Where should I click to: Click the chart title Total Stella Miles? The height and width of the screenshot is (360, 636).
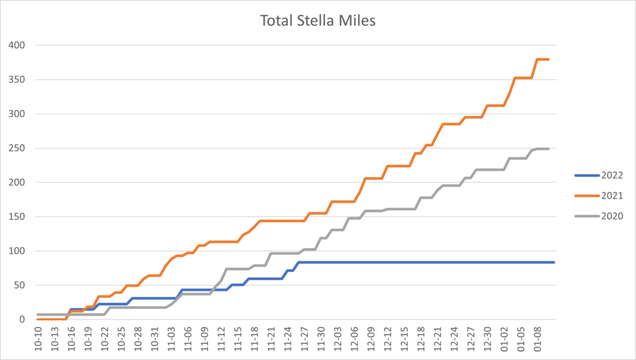317,21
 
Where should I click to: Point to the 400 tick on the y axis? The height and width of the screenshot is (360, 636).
17,45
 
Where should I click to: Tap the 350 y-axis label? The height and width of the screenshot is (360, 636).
17,79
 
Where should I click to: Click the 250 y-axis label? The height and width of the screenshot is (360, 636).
17,148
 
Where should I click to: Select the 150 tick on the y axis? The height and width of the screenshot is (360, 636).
17,217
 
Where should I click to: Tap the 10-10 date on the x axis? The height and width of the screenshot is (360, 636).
39,338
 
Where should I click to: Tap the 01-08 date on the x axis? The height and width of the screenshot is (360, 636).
536,338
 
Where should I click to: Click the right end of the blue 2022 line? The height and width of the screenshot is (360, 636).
554,263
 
